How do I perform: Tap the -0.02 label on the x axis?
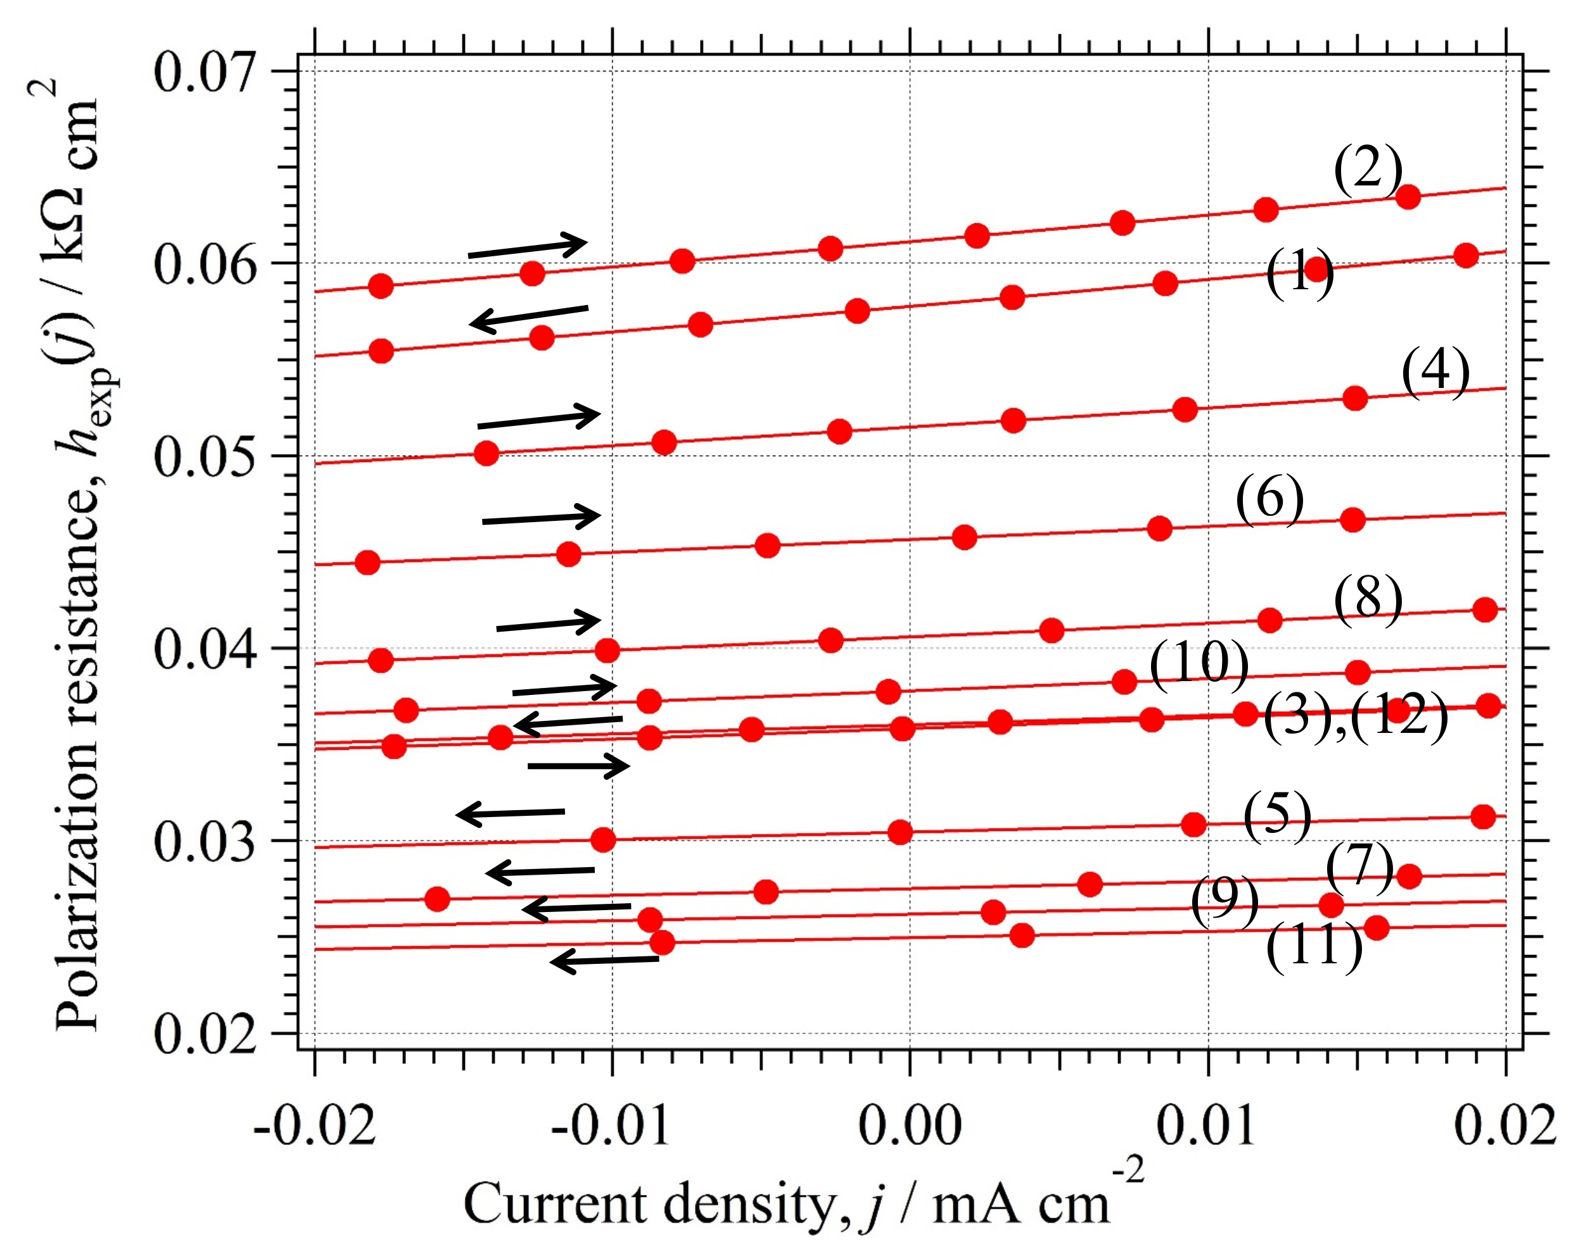click(315, 1125)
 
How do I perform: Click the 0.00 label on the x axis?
click(909, 1125)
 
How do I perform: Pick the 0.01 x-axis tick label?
click(1207, 1125)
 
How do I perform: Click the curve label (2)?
click(1367, 170)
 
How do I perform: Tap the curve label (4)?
click(1435, 372)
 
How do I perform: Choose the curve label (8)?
click(1367, 600)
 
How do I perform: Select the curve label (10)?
click(1199, 664)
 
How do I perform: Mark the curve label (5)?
click(1277, 816)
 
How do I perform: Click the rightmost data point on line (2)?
click(1408, 197)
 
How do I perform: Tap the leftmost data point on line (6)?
click(367, 563)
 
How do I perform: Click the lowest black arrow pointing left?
click(604, 960)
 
